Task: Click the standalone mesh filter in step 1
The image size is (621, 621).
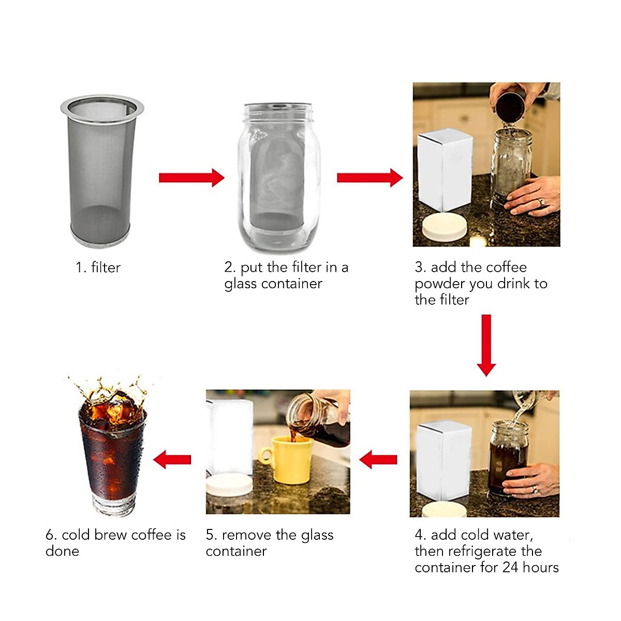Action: click(x=101, y=171)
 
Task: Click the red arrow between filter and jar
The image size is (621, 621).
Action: click(x=191, y=178)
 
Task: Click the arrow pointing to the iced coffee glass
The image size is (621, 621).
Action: click(x=172, y=459)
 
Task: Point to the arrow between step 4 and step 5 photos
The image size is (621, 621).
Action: click(x=378, y=459)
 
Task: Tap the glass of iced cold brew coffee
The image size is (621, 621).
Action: click(x=112, y=450)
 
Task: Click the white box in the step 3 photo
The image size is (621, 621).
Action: click(x=445, y=170)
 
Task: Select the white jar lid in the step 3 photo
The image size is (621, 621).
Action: click(x=443, y=227)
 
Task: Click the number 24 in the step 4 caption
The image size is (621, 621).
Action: click(x=510, y=567)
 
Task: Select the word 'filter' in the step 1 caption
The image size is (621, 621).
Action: click(x=106, y=268)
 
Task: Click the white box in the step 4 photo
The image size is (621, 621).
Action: click(x=443, y=461)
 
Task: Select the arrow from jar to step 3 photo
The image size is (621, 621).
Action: click(x=369, y=178)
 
